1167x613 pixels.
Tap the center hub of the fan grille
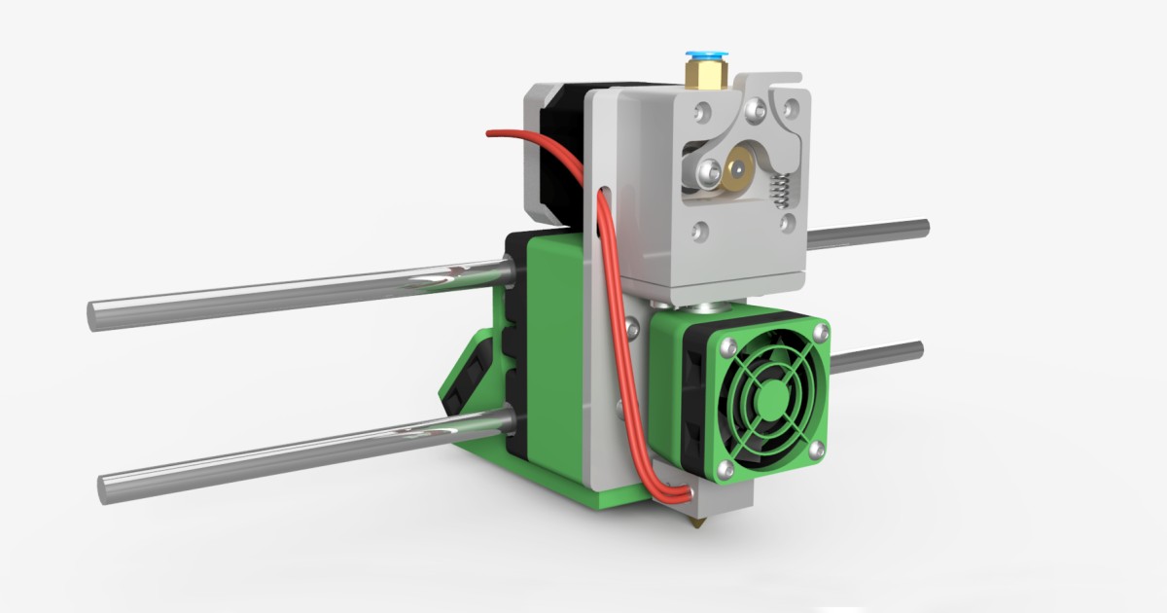pos(772,397)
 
